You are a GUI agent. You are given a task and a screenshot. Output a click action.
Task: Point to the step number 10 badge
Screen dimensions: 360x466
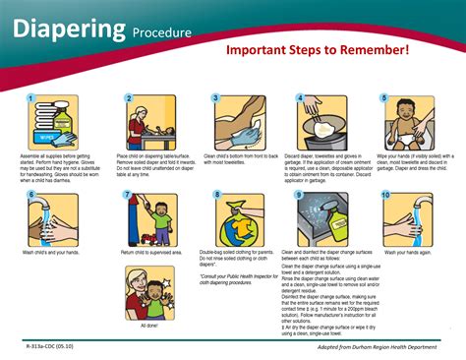(385, 195)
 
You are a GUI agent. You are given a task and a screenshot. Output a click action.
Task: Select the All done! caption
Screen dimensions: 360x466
(150, 325)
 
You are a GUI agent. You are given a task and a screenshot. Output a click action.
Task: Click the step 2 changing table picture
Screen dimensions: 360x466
(150, 122)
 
